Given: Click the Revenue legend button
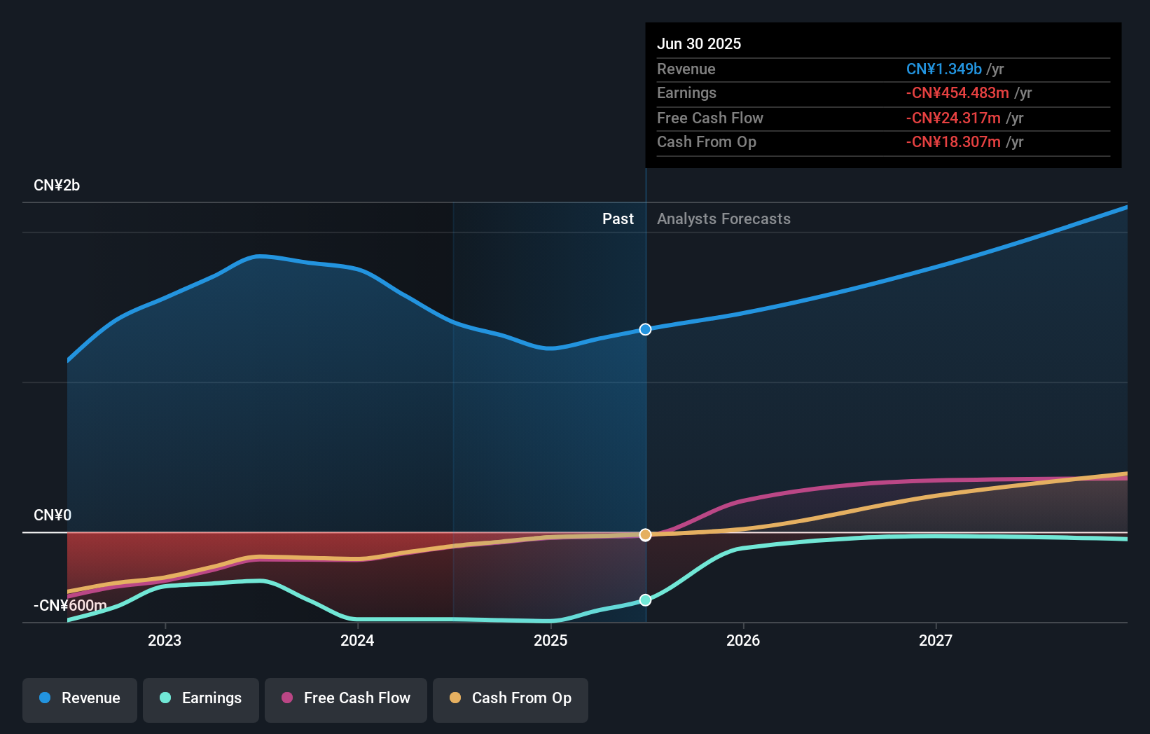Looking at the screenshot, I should [x=80, y=698].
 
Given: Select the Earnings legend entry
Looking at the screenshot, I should [x=201, y=698].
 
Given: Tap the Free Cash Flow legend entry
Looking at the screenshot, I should [x=346, y=698].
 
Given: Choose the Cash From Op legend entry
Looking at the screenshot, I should [x=511, y=698].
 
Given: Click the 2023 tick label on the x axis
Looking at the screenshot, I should [x=165, y=641].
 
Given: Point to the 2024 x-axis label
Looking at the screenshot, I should [x=357, y=641].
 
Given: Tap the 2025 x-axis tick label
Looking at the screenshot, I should [x=550, y=641].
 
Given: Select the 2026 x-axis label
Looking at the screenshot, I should [x=743, y=641].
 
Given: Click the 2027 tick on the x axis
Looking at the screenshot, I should [x=936, y=641].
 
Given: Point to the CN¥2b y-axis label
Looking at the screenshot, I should [x=57, y=186].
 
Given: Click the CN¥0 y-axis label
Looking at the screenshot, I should [x=53, y=515].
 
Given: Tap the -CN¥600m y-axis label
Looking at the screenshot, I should [x=70, y=606].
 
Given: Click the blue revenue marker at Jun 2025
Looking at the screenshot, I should [x=646, y=329].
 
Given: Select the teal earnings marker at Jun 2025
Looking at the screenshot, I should [x=646, y=600].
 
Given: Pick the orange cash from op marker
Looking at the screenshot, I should [x=646, y=535].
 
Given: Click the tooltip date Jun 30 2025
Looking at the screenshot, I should [x=699, y=43].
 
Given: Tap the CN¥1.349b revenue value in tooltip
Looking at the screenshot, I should [x=943, y=69].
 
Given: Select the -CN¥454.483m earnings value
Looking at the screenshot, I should [x=957, y=93].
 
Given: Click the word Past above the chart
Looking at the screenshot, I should [x=618, y=219].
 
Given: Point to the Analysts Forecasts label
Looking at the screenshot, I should [x=723, y=219].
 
